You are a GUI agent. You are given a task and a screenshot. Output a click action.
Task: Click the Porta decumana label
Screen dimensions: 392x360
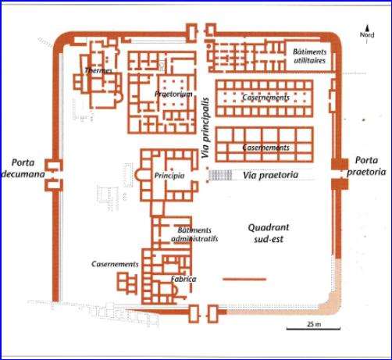pyautogui.click(x=23, y=169)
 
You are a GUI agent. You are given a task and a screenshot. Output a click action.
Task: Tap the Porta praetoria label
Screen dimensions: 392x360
pyautogui.click(x=366, y=166)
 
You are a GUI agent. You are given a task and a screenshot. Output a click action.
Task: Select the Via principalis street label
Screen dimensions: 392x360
pyautogui.click(x=205, y=128)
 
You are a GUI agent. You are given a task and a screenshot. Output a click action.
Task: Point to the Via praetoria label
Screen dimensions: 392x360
pyautogui.click(x=270, y=175)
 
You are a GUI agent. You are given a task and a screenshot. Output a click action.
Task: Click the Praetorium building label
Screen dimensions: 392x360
pyautogui.click(x=173, y=94)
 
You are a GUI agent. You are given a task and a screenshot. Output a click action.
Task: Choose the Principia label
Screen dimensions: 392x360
pyautogui.click(x=169, y=176)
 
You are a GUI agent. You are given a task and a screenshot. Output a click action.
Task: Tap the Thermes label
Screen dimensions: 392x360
pyautogui.click(x=98, y=70)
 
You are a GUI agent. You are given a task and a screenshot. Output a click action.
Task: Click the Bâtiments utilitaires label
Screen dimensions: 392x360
pyautogui.click(x=310, y=56)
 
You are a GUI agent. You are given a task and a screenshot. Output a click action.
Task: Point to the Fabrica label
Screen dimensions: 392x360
pyautogui.click(x=184, y=279)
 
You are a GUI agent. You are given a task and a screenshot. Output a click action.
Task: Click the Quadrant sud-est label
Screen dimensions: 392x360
pyautogui.click(x=269, y=233)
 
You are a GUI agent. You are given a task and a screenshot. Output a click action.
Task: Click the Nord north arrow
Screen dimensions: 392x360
pyautogui.click(x=367, y=34)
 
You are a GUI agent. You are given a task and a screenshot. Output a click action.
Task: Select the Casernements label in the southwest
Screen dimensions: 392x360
pyautogui.click(x=115, y=264)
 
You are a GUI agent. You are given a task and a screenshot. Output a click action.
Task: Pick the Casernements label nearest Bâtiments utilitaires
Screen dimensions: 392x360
pyautogui.click(x=265, y=98)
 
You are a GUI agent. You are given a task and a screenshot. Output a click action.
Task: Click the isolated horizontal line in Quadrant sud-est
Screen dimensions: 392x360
pyautogui.click(x=244, y=280)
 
